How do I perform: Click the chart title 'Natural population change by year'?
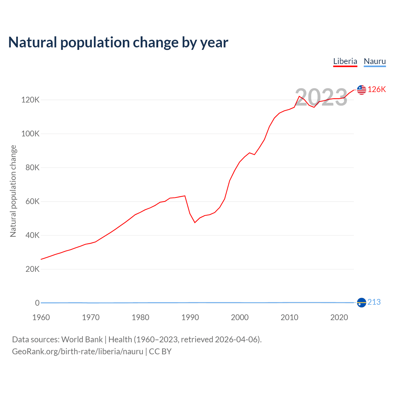118,42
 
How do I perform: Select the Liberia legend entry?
345,61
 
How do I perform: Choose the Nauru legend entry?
375,61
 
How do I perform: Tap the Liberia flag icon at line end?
361,90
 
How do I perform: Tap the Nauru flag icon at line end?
361,303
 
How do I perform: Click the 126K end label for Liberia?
376,89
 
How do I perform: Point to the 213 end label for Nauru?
374,302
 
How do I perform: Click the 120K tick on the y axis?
30,100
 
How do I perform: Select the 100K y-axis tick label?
30,134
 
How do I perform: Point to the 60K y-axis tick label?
32,201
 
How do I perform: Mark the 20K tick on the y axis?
32,269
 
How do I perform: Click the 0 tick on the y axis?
37,303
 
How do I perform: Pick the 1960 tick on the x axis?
41,317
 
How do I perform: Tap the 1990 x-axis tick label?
190,317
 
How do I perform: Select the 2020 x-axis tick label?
339,317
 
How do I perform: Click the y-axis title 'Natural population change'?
13,191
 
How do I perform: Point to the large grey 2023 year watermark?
321,97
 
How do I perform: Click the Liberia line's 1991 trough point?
195,223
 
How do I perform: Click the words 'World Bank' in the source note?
82,340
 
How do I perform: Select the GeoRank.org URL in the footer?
78,352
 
